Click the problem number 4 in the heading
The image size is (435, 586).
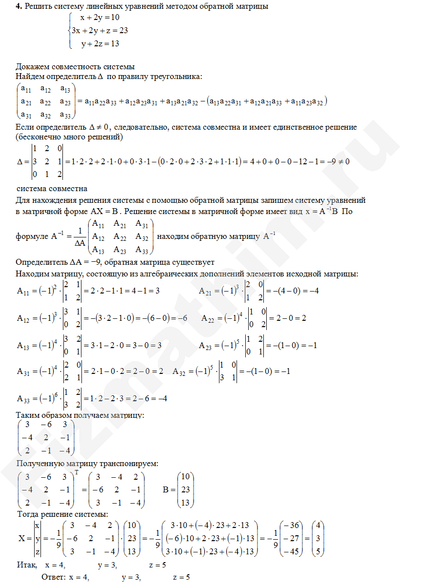[18, 6]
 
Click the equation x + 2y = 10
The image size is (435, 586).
[99, 18]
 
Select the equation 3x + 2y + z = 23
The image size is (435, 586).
[99, 30]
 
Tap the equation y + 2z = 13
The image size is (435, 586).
[100, 43]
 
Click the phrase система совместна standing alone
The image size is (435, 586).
[52, 188]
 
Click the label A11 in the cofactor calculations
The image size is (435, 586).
[23, 292]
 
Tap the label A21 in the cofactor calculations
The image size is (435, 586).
[206, 292]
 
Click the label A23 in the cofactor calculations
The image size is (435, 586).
[206, 345]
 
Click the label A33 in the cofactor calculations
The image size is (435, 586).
[23, 398]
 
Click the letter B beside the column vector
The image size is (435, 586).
[165, 489]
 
